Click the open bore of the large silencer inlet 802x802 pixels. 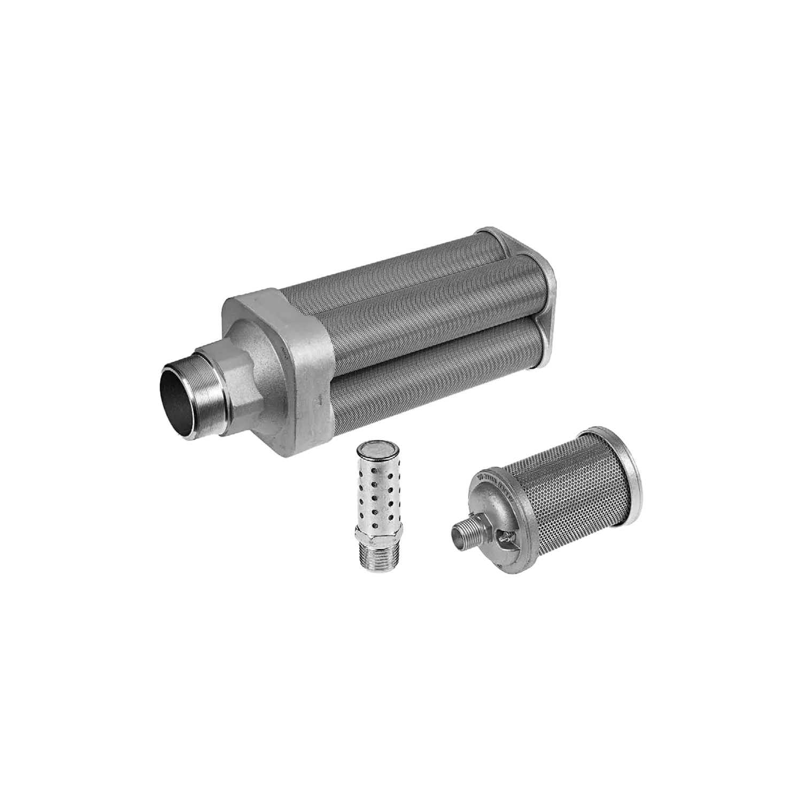pos(179,398)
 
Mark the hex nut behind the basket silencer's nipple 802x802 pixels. pos(481,529)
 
